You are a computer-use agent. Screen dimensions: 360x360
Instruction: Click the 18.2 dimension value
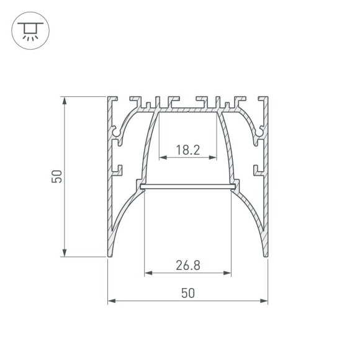(x=187, y=150)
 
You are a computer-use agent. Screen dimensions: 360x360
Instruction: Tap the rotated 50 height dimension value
(x=56, y=177)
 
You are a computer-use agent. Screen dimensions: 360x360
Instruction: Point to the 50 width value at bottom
(x=187, y=294)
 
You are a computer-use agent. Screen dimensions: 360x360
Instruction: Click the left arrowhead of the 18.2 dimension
(x=162, y=158)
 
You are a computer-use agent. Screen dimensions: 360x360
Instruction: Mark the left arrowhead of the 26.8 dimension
(x=147, y=272)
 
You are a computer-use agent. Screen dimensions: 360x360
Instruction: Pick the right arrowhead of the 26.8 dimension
(x=228, y=272)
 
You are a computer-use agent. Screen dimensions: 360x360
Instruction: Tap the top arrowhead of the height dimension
(x=64, y=99)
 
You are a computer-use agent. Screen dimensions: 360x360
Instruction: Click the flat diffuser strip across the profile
(x=187, y=186)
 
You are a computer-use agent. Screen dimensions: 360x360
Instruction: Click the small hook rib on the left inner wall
(x=118, y=168)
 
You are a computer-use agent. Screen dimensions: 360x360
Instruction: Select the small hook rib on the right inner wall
(x=257, y=168)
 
